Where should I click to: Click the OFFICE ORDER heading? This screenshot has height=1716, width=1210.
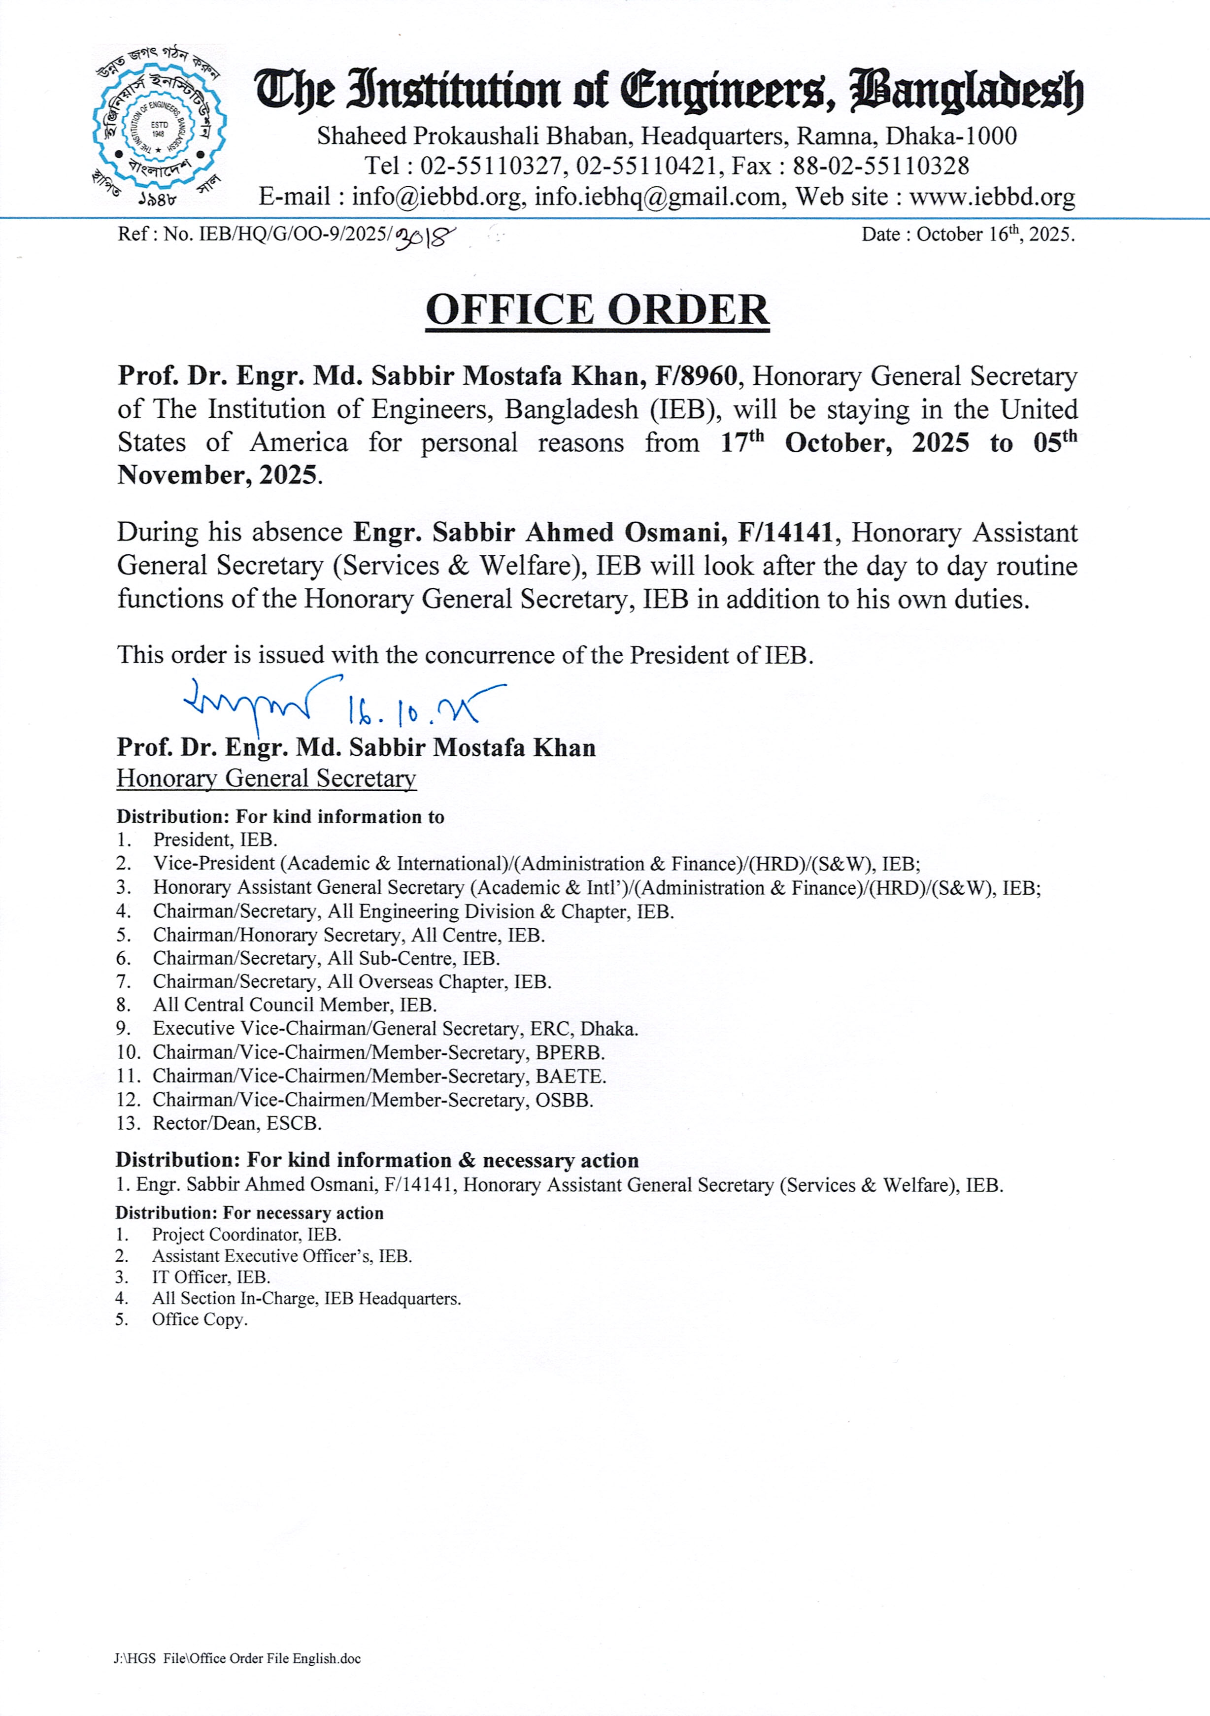[x=597, y=310]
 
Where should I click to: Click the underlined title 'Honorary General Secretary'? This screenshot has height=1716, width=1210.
[x=266, y=779]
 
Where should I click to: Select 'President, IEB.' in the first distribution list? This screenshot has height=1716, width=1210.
[x=215, y=840]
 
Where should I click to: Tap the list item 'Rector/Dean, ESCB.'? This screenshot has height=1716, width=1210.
[x=237, y=1123]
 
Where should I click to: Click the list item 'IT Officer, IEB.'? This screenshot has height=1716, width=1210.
[x=211, y=1278]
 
